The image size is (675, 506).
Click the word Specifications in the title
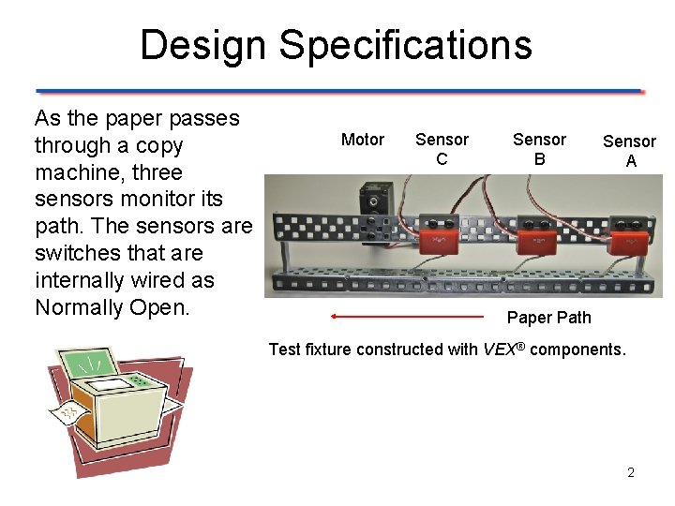405,45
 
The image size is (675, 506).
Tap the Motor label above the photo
363,140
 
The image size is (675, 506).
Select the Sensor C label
442,149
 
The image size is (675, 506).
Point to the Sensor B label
539,149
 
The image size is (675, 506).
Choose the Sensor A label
629,151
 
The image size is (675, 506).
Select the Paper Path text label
548,317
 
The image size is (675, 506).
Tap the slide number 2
631,472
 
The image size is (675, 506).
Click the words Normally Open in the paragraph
112,307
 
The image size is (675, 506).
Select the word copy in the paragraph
160,145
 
